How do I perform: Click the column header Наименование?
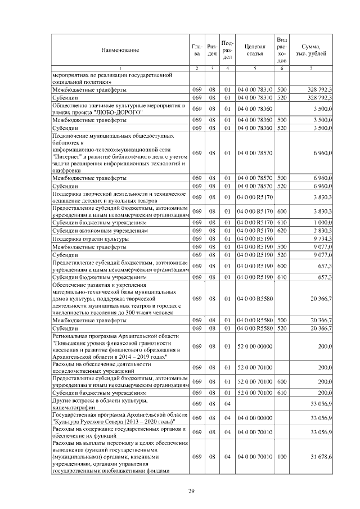(x=120, y=51)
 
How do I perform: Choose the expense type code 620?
(x=282, y=231)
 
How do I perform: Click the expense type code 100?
(x=282, y=457)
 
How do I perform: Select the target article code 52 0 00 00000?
(x=255, y=347)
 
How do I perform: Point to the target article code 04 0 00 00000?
(x=255, y=417)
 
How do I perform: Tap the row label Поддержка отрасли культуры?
(x=89, y=238)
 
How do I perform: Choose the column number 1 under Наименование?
(x=120, y=68)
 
